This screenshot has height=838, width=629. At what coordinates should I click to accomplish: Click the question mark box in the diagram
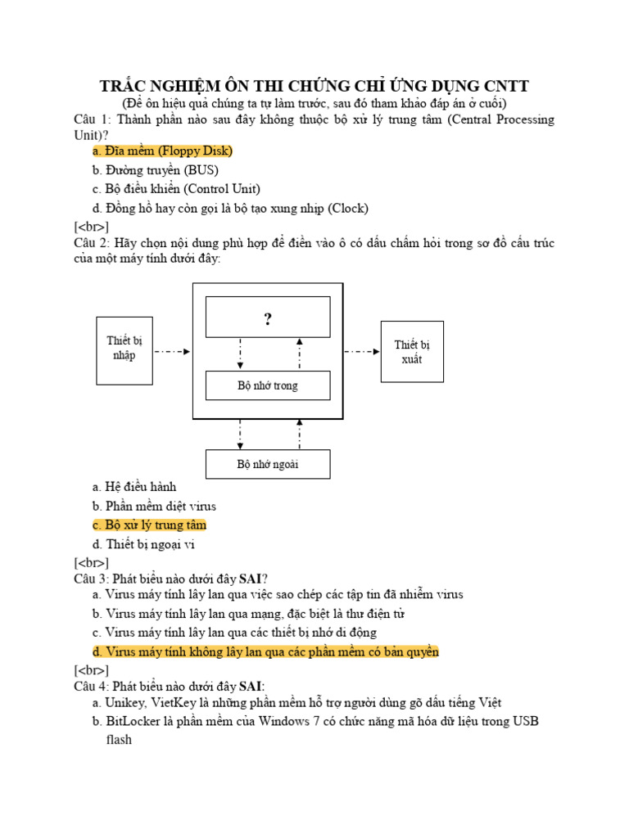click(x=267, y=318)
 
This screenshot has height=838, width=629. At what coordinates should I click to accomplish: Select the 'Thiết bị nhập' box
click(x=124, y=349)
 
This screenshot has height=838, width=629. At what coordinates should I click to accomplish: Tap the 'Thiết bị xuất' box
click(x=412, y=351)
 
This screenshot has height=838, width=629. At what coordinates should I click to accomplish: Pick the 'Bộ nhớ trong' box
click(x=267, y=385)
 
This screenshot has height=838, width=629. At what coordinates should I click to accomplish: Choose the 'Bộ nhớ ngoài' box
click(x=267, y=464)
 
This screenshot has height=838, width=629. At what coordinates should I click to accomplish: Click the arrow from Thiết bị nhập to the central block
click(x=172, y=352)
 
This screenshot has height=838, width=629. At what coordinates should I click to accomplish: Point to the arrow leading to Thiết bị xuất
click(x=362, y=352)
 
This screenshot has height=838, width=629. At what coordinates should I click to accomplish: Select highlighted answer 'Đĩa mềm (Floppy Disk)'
click(x=163, y=151)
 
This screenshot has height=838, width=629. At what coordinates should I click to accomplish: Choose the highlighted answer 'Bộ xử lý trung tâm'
click(x=149, y=525)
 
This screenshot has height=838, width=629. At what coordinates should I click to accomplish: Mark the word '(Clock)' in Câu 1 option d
click(x=348, y=208)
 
